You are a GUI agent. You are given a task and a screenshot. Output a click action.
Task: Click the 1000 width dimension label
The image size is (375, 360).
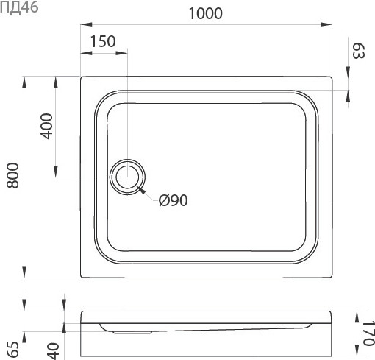pos(206,14)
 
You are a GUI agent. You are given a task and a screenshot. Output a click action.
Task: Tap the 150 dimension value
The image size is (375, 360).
pos(103,41)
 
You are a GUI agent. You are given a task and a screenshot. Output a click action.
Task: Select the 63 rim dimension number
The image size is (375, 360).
pos(359,51)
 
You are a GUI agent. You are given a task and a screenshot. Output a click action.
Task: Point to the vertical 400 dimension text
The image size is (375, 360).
pos(46,126)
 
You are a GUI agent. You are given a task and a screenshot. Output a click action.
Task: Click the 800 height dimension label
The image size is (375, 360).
pos(12,175)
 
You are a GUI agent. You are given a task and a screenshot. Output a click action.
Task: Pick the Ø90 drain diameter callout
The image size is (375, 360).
pos(174,200)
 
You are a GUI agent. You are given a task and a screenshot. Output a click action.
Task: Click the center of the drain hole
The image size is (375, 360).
pos(127,177)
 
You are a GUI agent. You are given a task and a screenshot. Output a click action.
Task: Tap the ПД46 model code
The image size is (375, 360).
pos(19,7)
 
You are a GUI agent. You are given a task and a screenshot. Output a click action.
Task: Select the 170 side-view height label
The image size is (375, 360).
pos(368,333)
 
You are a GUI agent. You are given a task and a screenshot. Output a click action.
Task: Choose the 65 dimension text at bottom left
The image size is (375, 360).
pos(13,349)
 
